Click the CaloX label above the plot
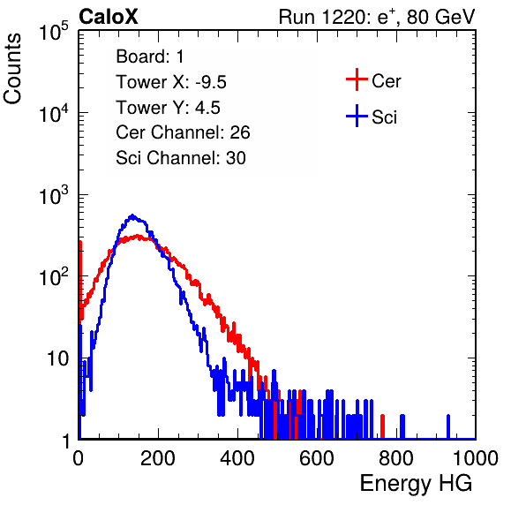point(108,16)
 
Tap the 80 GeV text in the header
point(440,18)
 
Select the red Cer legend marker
point(357,79)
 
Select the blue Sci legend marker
point(357,116)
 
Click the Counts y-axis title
point(12,69)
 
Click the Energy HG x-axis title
point(416,484)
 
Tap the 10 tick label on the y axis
point(57,358)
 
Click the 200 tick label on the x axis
point(158,458)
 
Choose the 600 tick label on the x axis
point(317,458)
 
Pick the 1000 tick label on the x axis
point(476,458)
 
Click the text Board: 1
point(150,57)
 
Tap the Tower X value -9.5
point(211,82)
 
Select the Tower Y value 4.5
point(207,108)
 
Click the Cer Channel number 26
point(240,132)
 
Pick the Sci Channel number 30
point(236,158)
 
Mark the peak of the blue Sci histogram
point(132,215)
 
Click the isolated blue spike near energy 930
point(448,426)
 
